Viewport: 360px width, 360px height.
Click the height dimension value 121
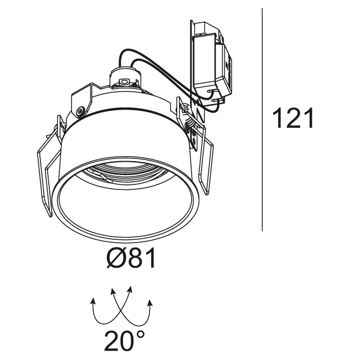[x=293, y=118]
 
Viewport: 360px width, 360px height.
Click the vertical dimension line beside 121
[x=262, y=120]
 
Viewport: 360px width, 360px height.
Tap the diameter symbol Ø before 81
[x=117, y=258]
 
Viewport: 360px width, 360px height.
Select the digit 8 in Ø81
[x=137, y=258]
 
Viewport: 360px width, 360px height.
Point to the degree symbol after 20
[x=140, y=336]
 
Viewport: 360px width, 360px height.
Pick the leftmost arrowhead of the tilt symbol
[x=93, y=301]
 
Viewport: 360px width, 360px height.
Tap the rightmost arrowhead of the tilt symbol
[x=150, y=303]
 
